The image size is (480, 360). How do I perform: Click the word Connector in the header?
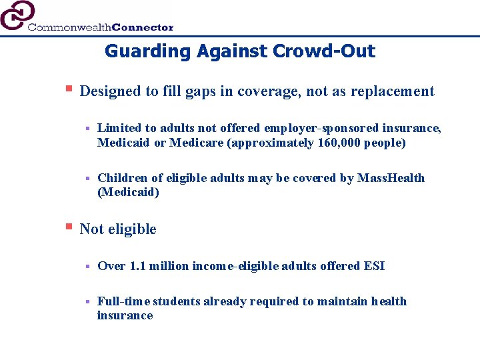[143, 27]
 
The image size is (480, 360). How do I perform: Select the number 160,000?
[338, 143]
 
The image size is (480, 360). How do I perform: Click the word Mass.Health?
[391, 178]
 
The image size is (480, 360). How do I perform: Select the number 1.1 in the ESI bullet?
[138, 266]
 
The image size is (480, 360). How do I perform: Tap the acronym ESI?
[373, 266]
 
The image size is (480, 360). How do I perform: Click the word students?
[176, 301]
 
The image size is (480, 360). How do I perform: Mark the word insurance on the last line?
[125, 315]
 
